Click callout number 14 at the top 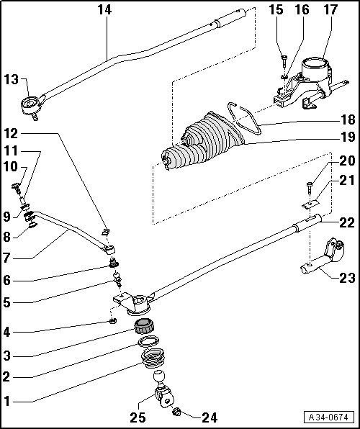[x=105, y=10]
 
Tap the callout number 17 [x=330, y=10]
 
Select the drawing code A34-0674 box [x=328, y=417]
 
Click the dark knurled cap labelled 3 [x=144, y=326]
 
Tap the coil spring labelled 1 [x=153, y=358]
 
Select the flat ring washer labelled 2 [x=148, y=341]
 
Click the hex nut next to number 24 [x=177, y=411]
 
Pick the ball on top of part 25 [x=159, y=376]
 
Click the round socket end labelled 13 [x=30, y=105]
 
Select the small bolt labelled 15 [x=284, y=62]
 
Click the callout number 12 [x=11, y=134]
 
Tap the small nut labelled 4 [x=113, y=320]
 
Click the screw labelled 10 [x=17, y=189]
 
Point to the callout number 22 [x=347, y=223]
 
